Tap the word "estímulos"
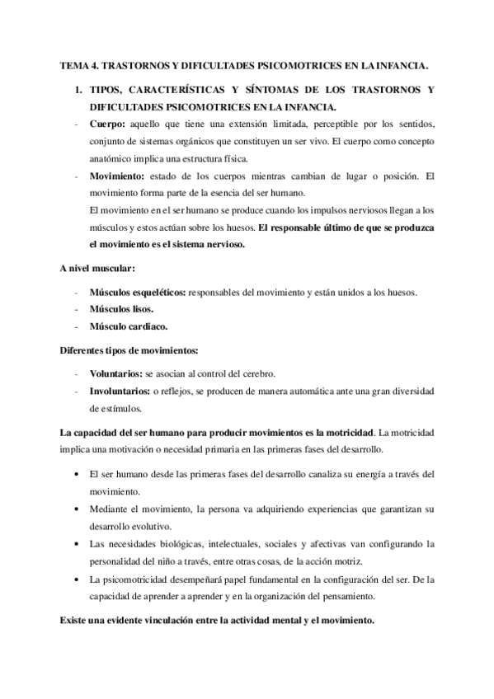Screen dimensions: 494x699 pos(115,407)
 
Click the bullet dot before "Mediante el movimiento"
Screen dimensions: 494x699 pos(77,509)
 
